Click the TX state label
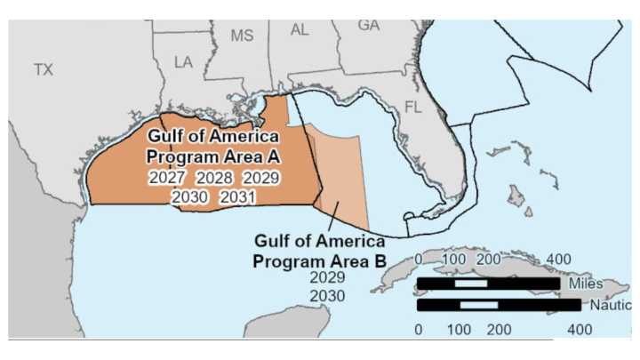tap(44, 69)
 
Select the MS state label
tap(242, 36)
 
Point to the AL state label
tap(300, 30)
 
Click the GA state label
tap(368, 25)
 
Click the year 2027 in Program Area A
tap(166, 178)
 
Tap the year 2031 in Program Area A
tap(237, 196)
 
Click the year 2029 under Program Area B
tap(327, 277)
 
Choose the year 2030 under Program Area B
tap(327, 295)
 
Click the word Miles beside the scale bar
tap(583, 284)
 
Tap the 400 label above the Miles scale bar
tap(557, 259)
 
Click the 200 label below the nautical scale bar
tap(499, 329)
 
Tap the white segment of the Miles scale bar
tap(470, 284)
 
